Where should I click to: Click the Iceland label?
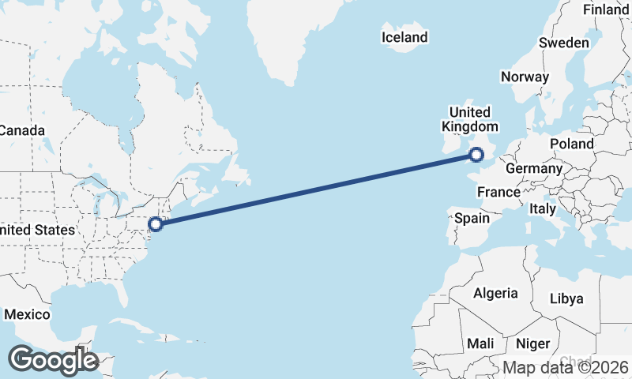click(404, 37)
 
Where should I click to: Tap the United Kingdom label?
click(470, 119)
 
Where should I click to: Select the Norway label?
click(525, 77)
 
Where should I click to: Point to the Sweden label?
click(564, 43)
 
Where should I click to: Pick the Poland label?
click(572, 144)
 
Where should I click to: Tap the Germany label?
click(533, 168)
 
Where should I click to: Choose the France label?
click(498, 192)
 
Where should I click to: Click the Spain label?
click(472, 218)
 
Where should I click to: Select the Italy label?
click(543, 208)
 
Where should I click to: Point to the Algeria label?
click(495, 293)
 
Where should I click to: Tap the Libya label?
click(566, 298)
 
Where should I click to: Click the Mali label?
click(480, 343)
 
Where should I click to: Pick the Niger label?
click(532, 343)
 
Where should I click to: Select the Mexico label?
click(27, 314)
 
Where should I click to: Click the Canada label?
click(21, 130)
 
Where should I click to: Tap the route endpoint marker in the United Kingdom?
click(476, 155)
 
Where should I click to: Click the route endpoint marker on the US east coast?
click(156, 223)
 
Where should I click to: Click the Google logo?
click(53, 360)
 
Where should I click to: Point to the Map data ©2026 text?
click(566, 367)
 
